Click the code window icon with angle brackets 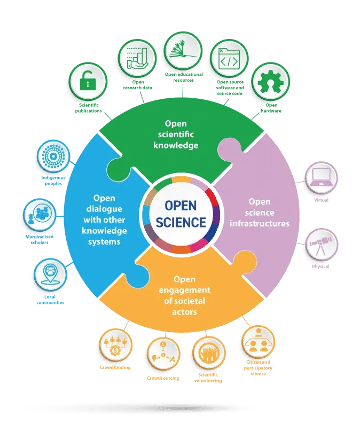228,61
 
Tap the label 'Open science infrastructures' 260,213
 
